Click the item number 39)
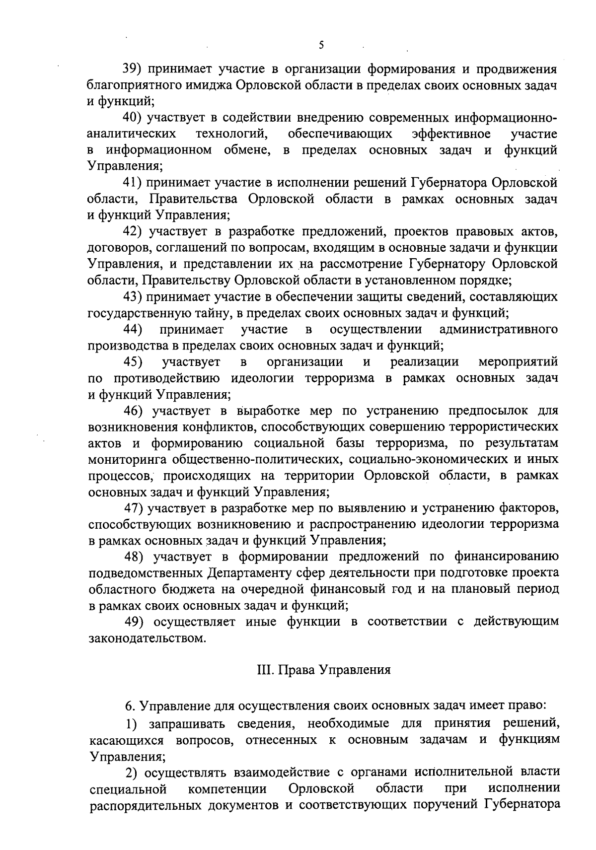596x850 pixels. click(x=133, y=69)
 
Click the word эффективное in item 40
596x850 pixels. click(x=452, y=134)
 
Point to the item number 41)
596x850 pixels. click(x=133, y=183)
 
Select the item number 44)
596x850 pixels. click(x=133, y=330)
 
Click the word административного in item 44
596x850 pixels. click(x=499, y=330)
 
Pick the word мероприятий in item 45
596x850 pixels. click(x=518, y=362)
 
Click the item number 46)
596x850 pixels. click(x=133, y=411)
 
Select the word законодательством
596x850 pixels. click(x=147, y=638)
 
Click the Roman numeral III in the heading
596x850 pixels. click(x=264, y=670)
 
